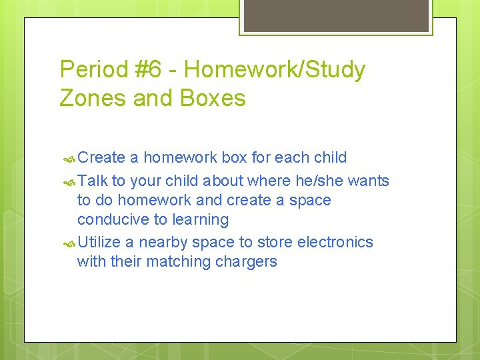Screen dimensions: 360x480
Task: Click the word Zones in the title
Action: pos(93,99)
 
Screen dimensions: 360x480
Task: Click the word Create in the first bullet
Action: pos(101,158)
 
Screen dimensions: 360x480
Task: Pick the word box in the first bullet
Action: pos(234,158)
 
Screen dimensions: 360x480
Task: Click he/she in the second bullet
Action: pos(317,181)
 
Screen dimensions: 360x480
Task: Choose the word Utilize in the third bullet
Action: pos(101,242)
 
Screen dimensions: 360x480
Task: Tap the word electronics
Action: pos(335,242)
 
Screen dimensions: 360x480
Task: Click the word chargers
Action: pos(246,262)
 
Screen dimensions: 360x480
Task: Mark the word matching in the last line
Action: pos(178,262)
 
